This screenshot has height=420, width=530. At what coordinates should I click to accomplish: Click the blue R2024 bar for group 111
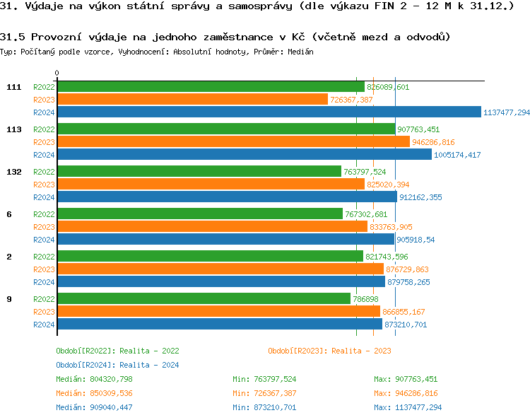pyautogui.click(x=269, y=112)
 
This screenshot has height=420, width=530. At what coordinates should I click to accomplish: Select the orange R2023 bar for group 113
pyautogui.click(x=233, y=142)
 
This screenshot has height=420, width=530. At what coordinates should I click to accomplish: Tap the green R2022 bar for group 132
pyautogui.click(x=199, y=172)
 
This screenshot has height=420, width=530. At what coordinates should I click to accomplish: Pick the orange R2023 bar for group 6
pyautogui.click(x=212, y=227)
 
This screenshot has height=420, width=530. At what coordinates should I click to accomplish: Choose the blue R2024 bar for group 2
pyautogui.click(x=220, y=282)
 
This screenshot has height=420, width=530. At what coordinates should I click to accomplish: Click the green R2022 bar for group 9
pyautogui.click(x=204, y=299)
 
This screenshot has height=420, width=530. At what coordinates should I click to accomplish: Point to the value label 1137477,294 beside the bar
pyautogui.click(x=507, y=112)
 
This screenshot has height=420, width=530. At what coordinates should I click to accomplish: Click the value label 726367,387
pyautogui.click(x=351, y=100)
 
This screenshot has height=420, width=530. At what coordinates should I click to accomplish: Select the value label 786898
pyautogui.click(x=365, y=299)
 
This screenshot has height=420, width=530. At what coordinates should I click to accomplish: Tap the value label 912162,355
pyautogui.click(x=420, y=197)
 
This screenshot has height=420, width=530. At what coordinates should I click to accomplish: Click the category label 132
pyautogui.click(x=13, y=172)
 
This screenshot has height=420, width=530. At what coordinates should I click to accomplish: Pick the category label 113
pyautogui.click(x=13, y=129)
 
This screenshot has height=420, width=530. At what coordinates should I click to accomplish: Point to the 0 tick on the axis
pyautogui.click(x=57, y=73)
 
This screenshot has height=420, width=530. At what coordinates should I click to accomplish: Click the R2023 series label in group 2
pyautogui.click(x=44, y=269)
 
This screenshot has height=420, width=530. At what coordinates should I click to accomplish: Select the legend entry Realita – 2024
pyautogui.click(x=117, y=365)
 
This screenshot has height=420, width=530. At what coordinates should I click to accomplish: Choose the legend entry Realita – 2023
pyautogui.click(x=329, y=350)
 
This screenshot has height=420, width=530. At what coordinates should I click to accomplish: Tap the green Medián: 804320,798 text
pyautogui.click(x=94, y=379)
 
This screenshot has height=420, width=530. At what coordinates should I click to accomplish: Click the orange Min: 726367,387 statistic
pyautogui.click(x=264, y=393)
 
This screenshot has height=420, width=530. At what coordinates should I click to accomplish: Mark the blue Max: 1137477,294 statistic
pyautogui.click(x=408, y=407)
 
